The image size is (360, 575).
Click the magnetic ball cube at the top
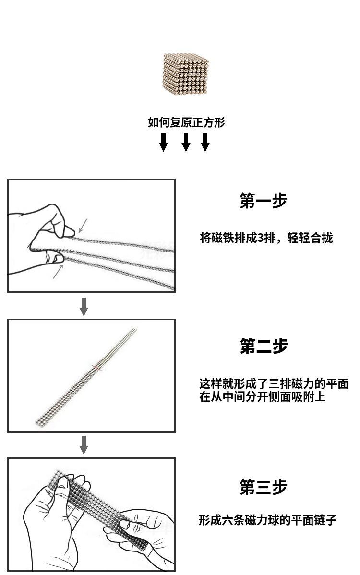coord(185,74)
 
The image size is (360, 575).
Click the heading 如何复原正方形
coord(186,122)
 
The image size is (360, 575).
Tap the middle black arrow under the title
coord(186,142)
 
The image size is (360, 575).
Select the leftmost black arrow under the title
coord(164,142)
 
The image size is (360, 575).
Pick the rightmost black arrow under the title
coord(205,142)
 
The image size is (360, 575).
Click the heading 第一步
coord(263,201)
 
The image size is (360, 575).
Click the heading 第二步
coord(264,346)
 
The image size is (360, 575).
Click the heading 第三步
coord(263,487)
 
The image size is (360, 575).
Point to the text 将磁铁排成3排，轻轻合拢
coord(266,238)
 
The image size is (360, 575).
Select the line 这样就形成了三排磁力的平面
coord(274,384)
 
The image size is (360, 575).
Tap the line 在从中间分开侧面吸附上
coord(262,397)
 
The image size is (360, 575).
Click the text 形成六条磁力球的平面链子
coord(268,520)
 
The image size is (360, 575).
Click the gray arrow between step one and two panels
coord(84,307)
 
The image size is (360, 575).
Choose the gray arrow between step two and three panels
coord(84,445)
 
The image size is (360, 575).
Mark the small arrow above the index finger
coord(83,226)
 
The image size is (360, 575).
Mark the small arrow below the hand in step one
coord(58,272)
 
